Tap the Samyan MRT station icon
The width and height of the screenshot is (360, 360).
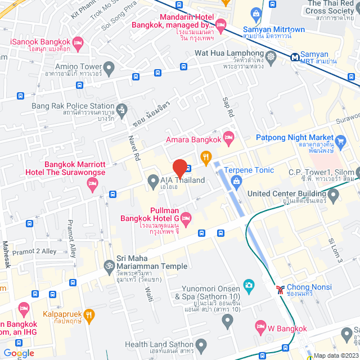click(x=295, y=56)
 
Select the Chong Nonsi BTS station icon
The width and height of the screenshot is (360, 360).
click(x=280, y=290)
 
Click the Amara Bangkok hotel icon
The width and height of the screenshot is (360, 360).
click(x=228, y=137)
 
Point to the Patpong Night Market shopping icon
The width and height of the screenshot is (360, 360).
click(x=340, y=140)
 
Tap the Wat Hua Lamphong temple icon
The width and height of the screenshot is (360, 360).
click(x=272, y=56)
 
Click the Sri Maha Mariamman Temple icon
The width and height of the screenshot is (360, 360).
click(x=109, y=264)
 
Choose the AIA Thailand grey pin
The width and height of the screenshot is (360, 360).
click(x=152, y=181)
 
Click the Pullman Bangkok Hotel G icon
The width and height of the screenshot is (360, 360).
click(x=186, y=218)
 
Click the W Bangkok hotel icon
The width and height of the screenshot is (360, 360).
click(x=260, y=326)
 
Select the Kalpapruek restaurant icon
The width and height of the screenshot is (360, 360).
click(x=89, y=315)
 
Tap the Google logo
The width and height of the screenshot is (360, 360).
click(x=19, y=353)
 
